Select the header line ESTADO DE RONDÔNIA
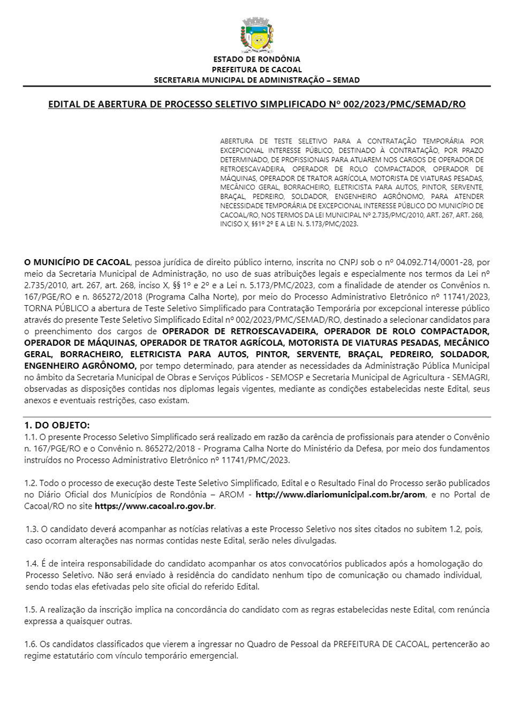(x=256, y=59)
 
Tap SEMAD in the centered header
(x=346, y=80)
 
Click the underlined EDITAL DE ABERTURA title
(x=256, y=104)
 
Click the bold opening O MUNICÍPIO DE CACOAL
(x=77, y=262)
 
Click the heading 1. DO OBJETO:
(x=57, y=426)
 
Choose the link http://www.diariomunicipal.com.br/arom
(x=341, y=495)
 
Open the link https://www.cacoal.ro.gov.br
(x=154, y=506)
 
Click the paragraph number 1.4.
(x=32, y=564)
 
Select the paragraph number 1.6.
(x=31, y=644)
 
